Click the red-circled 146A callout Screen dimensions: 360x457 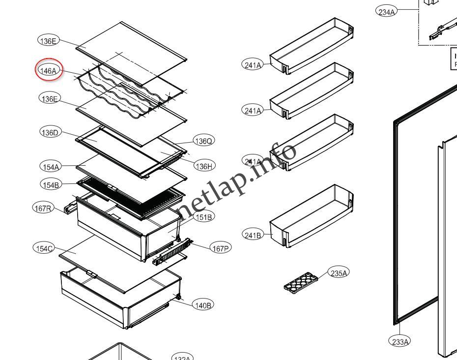pyautogui.click(x=48, y=71)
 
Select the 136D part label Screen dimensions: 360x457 pyautogui.click(x=49, y=132)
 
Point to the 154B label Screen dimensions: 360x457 pyautogui.click(x=51, y=184)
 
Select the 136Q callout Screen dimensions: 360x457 pyautogui.click(x=203, y=141)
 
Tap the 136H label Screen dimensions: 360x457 pyautogui.click(x=204, y=166)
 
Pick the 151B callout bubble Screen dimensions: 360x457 pyautogui.click(x=203, y=216)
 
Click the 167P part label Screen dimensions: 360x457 pyautogui.click(x=220, y=248)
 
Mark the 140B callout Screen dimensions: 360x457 pyautogui.click(x=203, y=305)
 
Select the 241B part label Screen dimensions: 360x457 pyautogui.click(x=253, y=235)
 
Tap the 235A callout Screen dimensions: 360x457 pyautogui.click(x=339, y=273)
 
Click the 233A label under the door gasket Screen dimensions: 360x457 pyautogui.click(x=400, y=341)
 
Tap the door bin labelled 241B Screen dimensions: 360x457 pyautogui.click(x=312, y=216)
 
